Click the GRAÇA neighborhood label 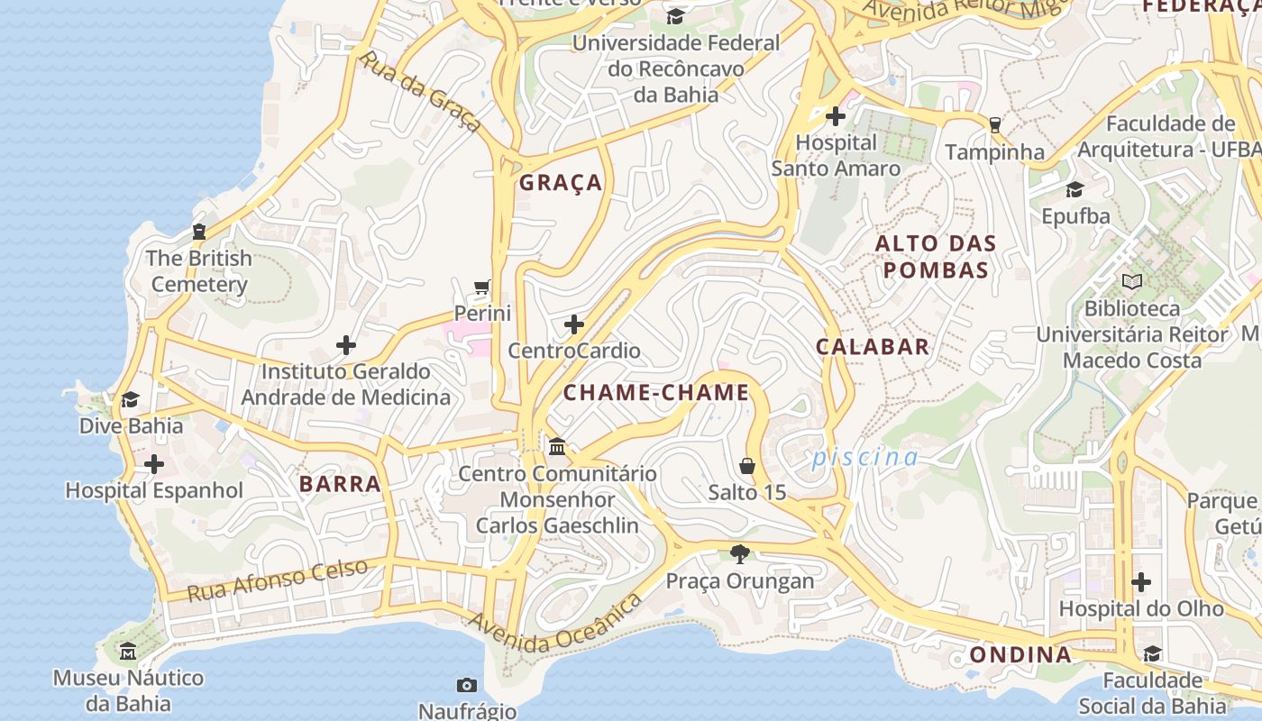[561, 182]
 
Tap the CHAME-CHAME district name [656, 392]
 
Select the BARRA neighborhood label [341, 484]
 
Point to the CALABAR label [873, 347]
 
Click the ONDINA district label [1020, 655]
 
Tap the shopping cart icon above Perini [483, 287]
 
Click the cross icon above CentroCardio [574, 324]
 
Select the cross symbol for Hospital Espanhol [154, 465]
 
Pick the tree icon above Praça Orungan [740, 554]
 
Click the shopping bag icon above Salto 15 [747, 466]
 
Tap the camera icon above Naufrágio [466, 685]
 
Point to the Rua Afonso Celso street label [278, 580]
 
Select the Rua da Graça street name [420, 92]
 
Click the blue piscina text [865, 458]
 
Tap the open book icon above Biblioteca [1132, 282]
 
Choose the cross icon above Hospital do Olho [1141, 582]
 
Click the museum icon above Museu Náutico [128, 651]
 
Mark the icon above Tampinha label [995, 125]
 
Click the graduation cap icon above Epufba [1075, 189]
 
